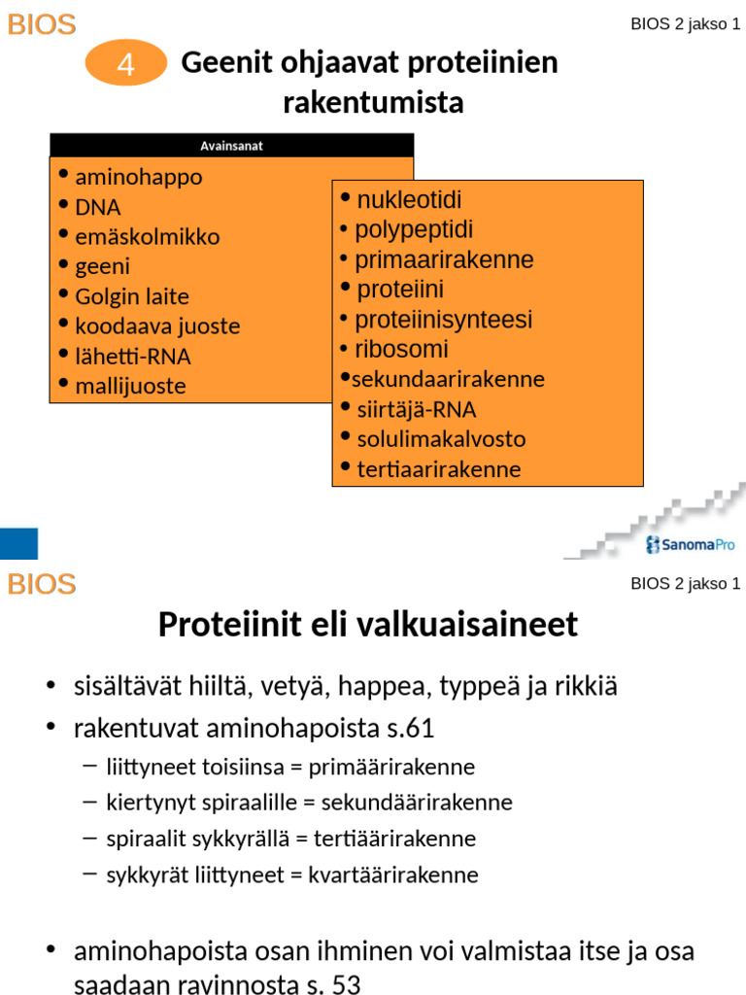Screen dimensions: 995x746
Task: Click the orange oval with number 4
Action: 126,65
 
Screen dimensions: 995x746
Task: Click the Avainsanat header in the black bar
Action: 231,146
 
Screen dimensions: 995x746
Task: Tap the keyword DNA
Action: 98,207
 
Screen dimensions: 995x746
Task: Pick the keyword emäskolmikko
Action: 148,237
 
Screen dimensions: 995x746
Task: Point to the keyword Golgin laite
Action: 132,296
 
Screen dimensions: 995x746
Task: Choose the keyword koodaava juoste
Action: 157,326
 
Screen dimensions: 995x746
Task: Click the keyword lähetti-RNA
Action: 133,357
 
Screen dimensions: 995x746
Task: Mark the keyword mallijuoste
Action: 130,386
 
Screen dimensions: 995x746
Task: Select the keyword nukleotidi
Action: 409,200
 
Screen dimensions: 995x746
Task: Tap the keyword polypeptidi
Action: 414,230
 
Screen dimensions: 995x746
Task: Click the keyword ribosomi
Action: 401,350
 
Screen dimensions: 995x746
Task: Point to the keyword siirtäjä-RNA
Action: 417,409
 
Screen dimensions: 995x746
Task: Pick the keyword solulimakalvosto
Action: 441,439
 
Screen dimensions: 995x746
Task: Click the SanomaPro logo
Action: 691,545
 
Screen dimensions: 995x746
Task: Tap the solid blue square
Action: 18,544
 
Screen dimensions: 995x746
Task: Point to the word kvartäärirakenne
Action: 393,875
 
